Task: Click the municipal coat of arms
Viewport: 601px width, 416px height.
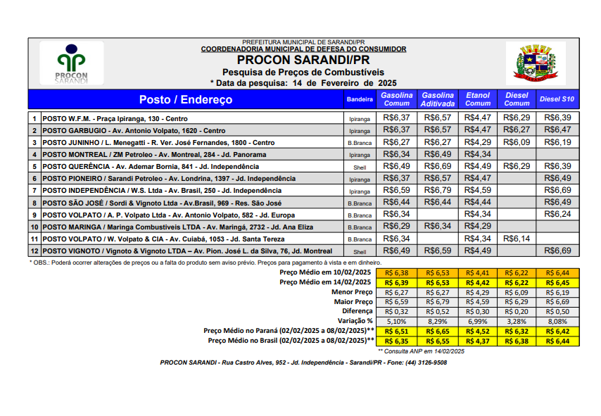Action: click(x=526, y=63)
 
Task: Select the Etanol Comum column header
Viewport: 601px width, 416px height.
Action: click(x=478, y=99)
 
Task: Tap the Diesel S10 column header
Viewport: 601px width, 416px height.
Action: click(x=557, y=100)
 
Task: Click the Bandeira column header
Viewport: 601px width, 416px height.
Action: click(x=360, y=100)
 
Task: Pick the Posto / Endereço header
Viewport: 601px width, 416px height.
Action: click(x=185, y=100)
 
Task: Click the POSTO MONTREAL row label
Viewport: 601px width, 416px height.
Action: click(x=154, y=155)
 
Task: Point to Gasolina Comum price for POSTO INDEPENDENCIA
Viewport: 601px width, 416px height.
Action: click(x=397, y=190)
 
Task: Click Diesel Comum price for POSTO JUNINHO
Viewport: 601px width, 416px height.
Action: click(x=517, y=142)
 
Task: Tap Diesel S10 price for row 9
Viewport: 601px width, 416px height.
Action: click(x=557, y=214)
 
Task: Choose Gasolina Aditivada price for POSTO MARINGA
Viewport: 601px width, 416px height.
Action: click(x=438, y=226)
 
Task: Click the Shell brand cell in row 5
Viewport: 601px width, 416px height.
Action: click(x=360, y=167)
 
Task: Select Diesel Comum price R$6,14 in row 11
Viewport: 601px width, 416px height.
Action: click(x=517, y=239)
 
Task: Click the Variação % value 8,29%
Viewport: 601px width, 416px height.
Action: click(x=438, y=320)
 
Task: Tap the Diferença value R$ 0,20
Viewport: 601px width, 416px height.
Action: click(x=517, y=310)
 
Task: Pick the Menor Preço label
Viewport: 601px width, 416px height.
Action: click(x=353, y=291)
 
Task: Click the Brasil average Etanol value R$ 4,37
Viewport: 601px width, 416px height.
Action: click(x=478, y=341)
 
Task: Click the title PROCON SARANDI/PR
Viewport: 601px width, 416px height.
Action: click(x=303, y=60)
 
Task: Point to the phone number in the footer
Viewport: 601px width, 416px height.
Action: click(x=425, y=363)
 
